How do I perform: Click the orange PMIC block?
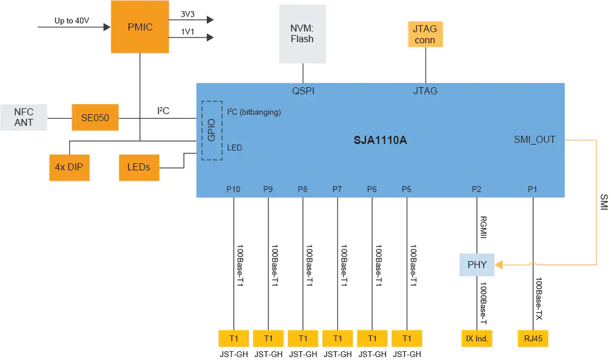point(140,27)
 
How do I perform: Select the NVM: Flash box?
point(302,34)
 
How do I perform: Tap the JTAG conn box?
point(425,35)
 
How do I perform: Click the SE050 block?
point(95,118)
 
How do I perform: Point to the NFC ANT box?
point(24,117)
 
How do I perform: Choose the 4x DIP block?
point(69,167)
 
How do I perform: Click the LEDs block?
point(139,167)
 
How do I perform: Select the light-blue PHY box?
point(477,265)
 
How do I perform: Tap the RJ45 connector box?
point(533,338)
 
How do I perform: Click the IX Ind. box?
point(477,338)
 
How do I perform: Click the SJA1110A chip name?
point(380,140)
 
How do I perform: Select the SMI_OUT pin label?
point(535,140)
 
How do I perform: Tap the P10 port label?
point(233,189)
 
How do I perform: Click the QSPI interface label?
point(303,91)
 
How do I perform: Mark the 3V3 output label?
point(187,14)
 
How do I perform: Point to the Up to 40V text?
point(71,20)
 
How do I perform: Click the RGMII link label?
point(483,227)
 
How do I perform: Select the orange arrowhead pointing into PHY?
point(499,265)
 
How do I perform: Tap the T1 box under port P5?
point(407,338)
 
